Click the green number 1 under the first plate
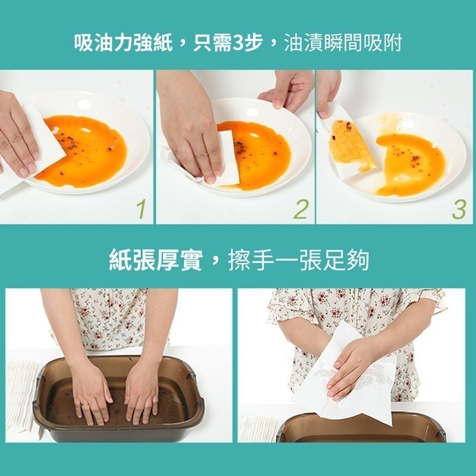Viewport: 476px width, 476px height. point(141,209)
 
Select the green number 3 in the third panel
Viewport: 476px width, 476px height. point(459,209)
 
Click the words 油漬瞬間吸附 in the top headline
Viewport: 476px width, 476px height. point(343,44)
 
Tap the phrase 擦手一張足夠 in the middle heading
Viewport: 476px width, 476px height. point(299,260)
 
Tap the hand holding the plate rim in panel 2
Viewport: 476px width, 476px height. point(287,89)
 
